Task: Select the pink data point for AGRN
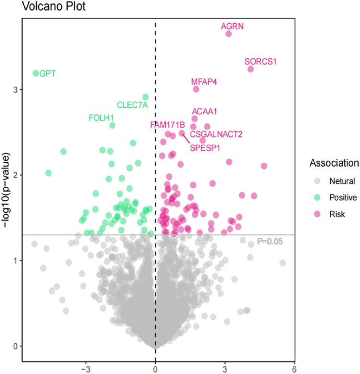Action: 229,34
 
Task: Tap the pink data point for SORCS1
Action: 250,69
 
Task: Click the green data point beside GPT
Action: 36,73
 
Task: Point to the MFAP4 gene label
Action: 204,81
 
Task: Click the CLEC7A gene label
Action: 132,105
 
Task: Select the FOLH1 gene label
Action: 101,118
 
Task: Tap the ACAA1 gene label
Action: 205,112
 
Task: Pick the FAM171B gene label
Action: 167,125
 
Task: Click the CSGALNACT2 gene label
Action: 216,134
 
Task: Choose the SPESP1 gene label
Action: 205,148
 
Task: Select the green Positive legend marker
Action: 317,197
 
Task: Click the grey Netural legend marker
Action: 317,181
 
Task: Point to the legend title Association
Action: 334,163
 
